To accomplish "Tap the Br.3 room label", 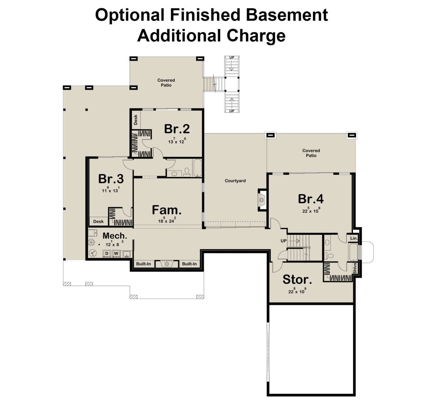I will pyautogui.click(x=111, y=179).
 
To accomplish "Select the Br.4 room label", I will pyautogui.click(x=311, y=199).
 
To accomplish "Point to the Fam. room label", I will pyautogui.click(x=167, y=210).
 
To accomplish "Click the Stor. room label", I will pyautogui.click(x=297, y=280).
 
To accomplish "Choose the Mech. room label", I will pyautogui.click(x=115, y=235).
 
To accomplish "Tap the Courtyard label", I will pyautogui.click(x=235, y=181).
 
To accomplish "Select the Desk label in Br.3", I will pyautogui.click(x=98, y=221).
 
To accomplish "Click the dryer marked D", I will pyautogui.click(x=106, y=254).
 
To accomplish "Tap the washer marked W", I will pyautogui.click(x=116, y=254).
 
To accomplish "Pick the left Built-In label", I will pyautogui.click(x=143, y=264).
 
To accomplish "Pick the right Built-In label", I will pyautogui.click(x=189, y=264).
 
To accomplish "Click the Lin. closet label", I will pyautogui.click(x=354, y=238).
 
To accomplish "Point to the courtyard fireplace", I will pyautogui.click(x=262, y=200).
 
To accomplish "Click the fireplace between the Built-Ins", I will pyautogui.click(x=166, y=264).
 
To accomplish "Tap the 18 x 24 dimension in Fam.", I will pyautogui.click(x=167, y=221).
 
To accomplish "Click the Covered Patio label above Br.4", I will pyautogui.click(x=311, y=153).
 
